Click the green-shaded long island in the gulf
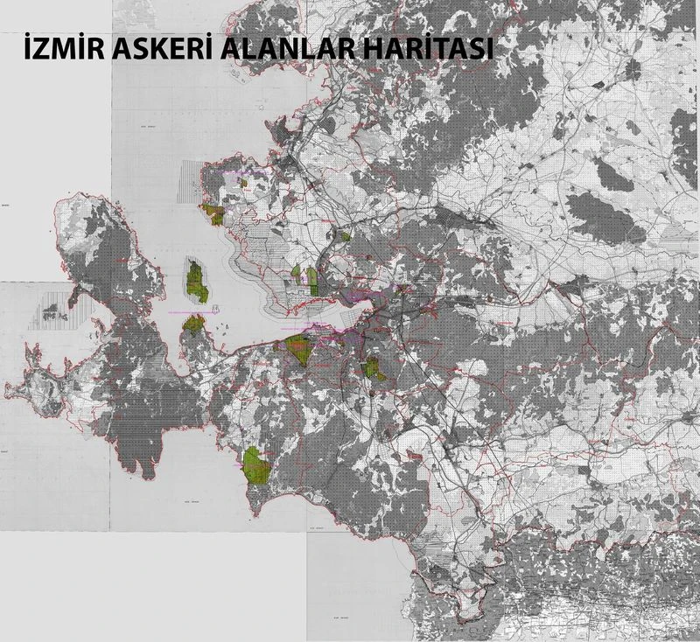(x=197, y=281)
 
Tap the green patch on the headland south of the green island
(x=194, y=324)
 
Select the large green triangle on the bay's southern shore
(x=299, y=347)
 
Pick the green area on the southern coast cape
(x=255, y=464)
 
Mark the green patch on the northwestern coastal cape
(x=213, y=212)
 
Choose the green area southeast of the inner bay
(x=374, y=368)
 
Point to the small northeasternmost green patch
(x=346, y=234)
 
